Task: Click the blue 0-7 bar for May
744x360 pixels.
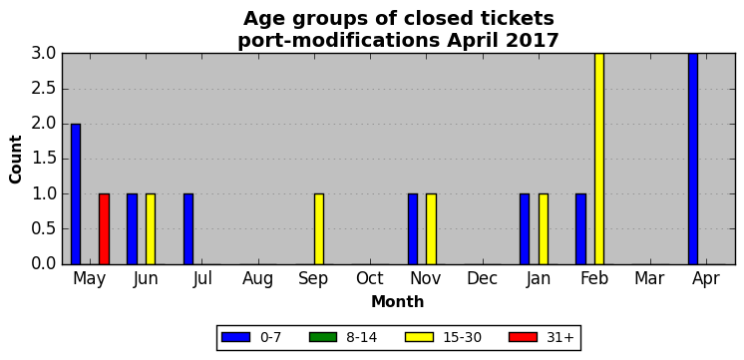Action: coord(76,194)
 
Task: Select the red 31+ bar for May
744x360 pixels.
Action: coord(104,229)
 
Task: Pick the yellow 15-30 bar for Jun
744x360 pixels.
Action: coord(151,229)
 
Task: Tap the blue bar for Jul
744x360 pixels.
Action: coord(188,229)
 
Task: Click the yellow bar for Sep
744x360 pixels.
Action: coord(319,229)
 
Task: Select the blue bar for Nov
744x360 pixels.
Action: coord(413,229)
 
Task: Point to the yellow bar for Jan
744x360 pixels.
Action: coord(544,229)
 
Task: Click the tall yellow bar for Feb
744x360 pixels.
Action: coord(599,159)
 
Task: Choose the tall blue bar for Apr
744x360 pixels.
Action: coord(693,159)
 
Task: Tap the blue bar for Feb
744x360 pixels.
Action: coord(580,229)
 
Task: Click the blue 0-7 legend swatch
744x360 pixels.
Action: coord(235,337)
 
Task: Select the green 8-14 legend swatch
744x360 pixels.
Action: coord(323,337)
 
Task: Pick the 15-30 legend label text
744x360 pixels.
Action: coord(463,338)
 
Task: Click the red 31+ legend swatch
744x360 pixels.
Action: coord(523,337)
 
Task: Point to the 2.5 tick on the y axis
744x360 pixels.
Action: coord(44,89)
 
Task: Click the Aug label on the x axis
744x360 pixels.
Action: coord(257,279)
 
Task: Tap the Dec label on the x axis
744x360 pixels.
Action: coord(482,279)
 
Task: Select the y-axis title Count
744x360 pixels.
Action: coord(16,160)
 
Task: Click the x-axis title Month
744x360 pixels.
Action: coord(398,301)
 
